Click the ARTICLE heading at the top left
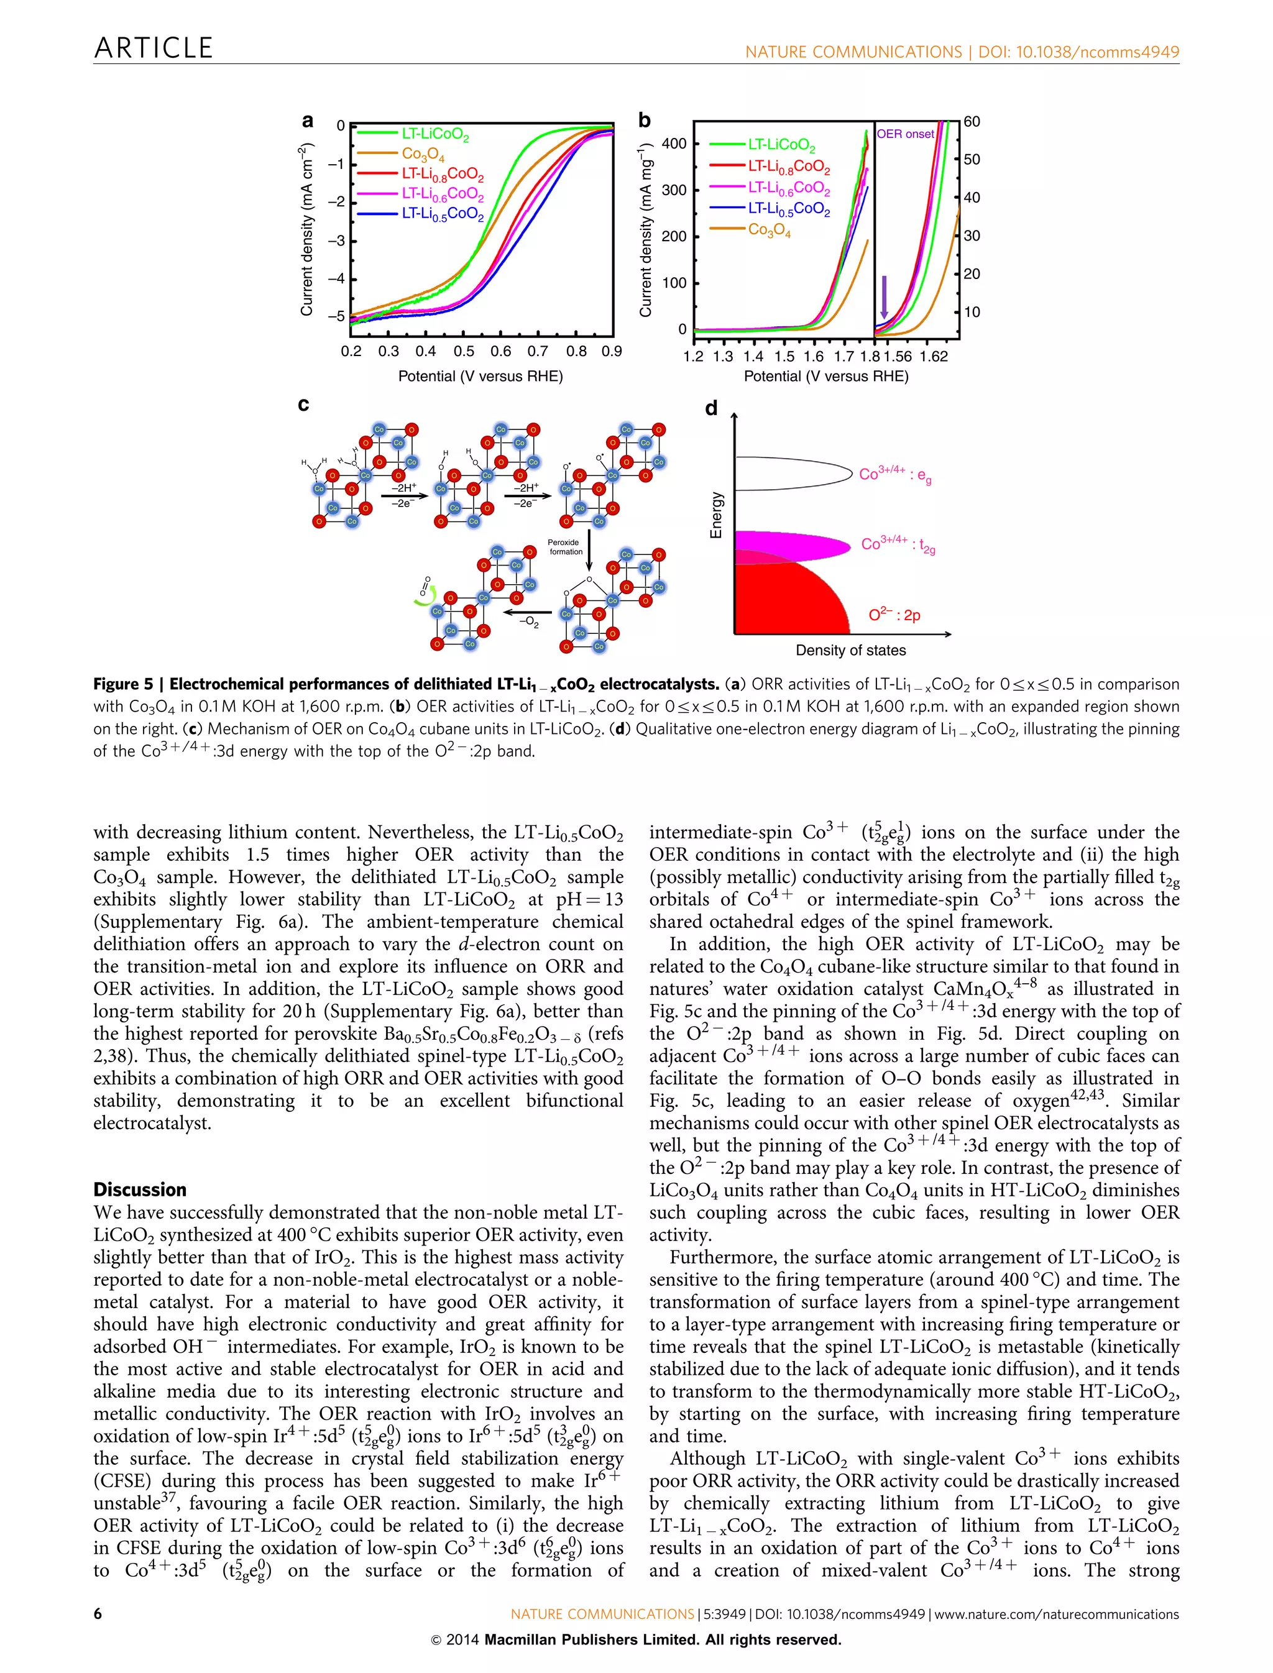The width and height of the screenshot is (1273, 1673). [153, 48]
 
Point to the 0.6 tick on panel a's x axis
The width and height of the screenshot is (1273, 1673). [500, 352]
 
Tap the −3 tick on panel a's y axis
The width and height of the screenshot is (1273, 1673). [336, 241]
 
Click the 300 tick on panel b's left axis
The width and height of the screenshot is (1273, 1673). [674, 190]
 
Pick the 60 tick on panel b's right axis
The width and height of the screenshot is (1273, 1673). [972, 122]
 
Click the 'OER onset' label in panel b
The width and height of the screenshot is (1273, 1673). [906, 134]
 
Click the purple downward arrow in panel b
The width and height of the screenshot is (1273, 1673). [883, 298]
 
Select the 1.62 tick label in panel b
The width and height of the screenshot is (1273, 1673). [934, 357]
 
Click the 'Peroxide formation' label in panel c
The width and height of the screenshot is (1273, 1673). [565, 547]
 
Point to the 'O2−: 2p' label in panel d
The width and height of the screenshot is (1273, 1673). [894, 615]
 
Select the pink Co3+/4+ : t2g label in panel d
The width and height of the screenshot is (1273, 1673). [898, 545]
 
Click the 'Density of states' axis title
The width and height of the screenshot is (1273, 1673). [850, 650]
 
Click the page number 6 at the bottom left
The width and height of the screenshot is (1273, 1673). [98, 1614]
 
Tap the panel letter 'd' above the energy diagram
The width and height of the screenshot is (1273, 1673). [710, 409]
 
